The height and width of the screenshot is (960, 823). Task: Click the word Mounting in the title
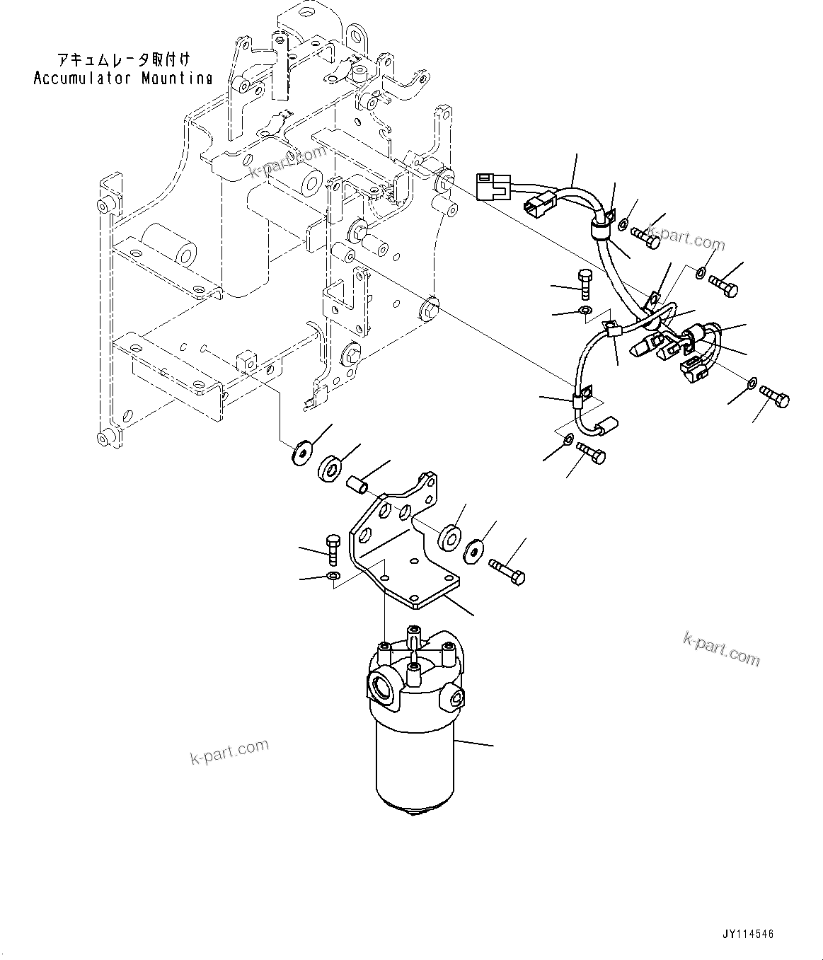coord(176,78)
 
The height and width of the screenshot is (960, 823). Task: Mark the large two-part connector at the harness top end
coord(493,186)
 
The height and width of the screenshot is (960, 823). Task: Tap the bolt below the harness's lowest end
coord(591,453)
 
